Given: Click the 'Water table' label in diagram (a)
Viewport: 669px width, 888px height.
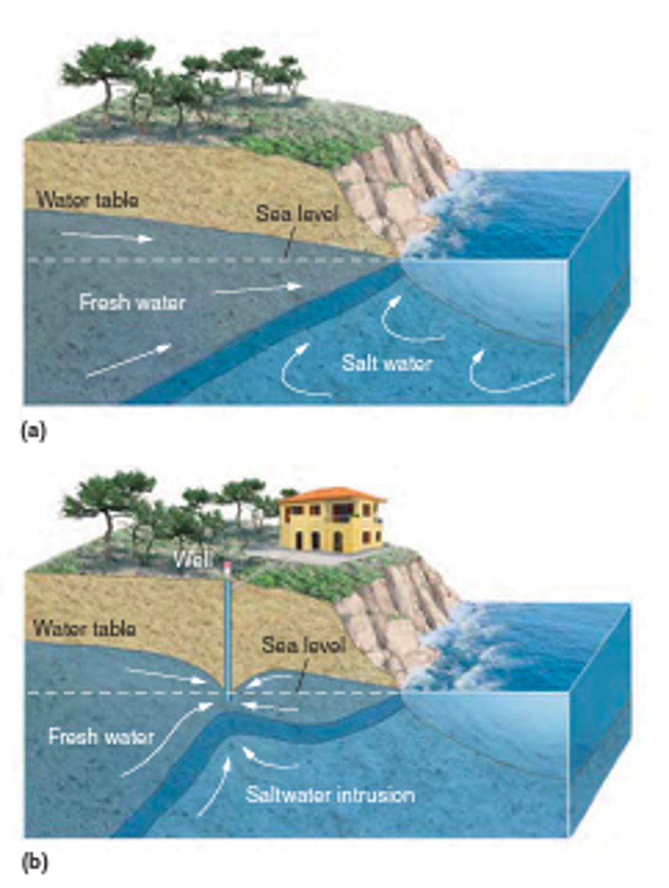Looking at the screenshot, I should tap(87, 199).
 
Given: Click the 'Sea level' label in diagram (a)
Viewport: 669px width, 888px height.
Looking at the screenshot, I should tap(297, 215).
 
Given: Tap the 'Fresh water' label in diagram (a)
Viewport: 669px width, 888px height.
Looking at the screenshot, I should tap(132, 302).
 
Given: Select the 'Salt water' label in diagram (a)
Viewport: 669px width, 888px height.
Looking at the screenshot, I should tap(386, 363).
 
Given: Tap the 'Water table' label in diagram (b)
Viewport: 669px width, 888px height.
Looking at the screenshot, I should tap(84, 630).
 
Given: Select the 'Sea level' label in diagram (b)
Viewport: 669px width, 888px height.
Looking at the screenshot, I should tap(303, 645).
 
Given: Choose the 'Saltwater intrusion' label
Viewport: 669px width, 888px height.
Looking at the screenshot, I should tap(330, 795).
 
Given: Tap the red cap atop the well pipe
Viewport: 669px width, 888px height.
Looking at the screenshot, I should tap(227, 567).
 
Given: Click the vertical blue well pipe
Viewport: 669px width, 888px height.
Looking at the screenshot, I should tap(228, 629).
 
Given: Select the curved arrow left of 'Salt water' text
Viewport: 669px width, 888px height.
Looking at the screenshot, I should tap(300, 370).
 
